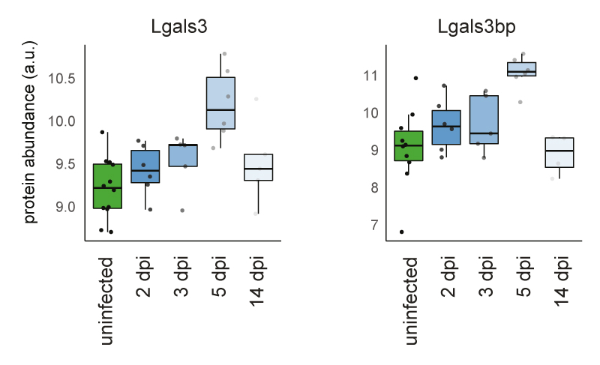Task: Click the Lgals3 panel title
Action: [x=178, y=26]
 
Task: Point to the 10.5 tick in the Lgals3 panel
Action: [x=62, y=79]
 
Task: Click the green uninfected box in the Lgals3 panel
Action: [x=107, y=186]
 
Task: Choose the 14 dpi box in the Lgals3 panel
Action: [x=258, y=167]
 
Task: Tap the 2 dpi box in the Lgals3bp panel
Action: [x=446, y=127]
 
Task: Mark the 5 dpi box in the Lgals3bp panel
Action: [x=521, y=69]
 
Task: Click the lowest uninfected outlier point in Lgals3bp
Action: [x=402, y=232]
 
